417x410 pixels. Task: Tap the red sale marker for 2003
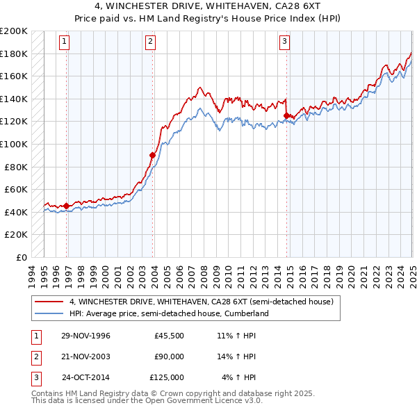152,155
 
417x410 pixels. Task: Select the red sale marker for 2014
286,116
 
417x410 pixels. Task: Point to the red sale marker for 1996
67,206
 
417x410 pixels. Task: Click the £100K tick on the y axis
14,144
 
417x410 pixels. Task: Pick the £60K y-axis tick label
17,189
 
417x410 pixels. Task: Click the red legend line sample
49,302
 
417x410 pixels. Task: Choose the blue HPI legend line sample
49,313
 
